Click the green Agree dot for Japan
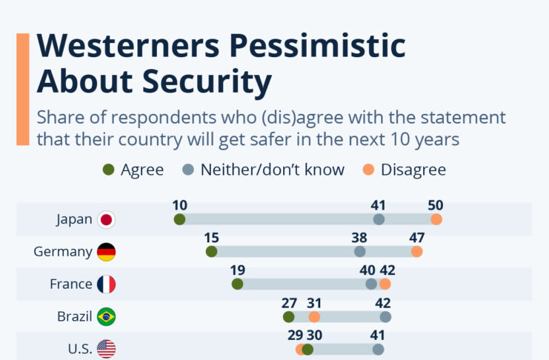179,219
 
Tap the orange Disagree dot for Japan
436,219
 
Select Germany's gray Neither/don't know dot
360,252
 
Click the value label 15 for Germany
211,238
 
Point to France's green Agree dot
237,284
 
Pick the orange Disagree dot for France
385,284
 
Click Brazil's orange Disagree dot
314,317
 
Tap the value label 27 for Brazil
289,302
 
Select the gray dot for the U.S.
379,349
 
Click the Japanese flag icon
107,219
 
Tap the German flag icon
107,252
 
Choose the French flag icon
107,284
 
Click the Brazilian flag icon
107,317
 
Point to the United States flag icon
107,349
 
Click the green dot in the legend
109,170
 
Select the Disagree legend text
413,170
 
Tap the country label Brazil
75,317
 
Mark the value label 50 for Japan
436,205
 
